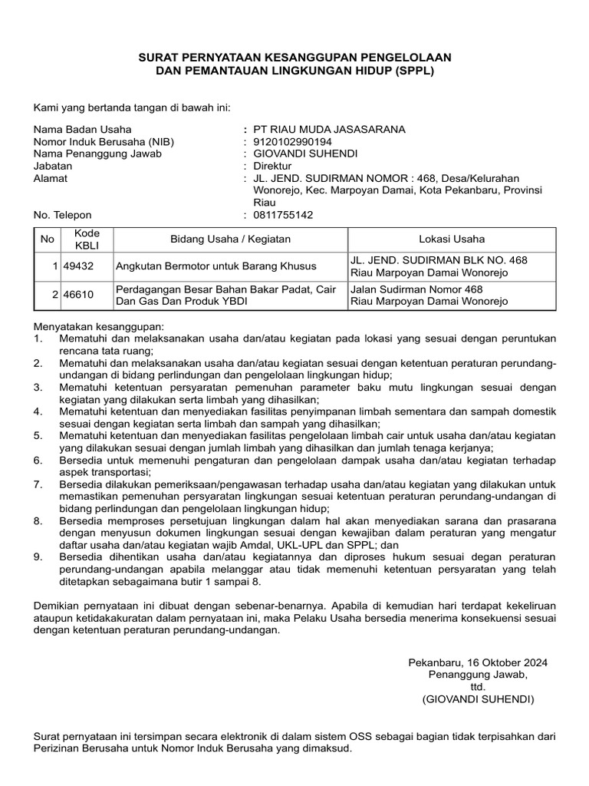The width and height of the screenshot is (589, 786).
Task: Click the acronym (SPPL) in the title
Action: point(413,71)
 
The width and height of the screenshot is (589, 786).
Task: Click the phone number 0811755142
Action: point(283,215)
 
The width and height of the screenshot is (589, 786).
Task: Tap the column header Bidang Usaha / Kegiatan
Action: point(230,239)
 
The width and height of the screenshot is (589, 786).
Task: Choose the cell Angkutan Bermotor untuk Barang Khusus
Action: point(216,266)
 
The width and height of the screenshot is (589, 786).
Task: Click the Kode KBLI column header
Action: point(81,239)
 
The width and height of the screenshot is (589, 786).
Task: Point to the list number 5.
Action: point(38,435)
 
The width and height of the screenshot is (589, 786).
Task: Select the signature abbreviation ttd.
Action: point(478,687)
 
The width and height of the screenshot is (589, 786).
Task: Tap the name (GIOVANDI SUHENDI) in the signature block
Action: point(478,699)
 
